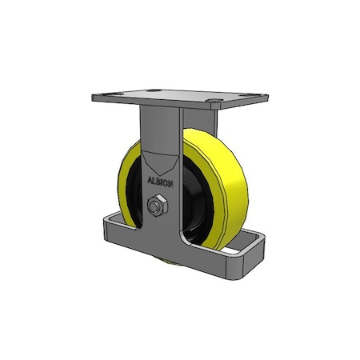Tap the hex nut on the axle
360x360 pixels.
pyautogui.click(x=157, y=206)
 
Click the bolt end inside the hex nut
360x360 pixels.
pyautogui.click(x=157, y=206)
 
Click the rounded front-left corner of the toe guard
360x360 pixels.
pyautogui.click(x=106, y=236)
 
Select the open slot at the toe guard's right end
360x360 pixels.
pyautogui.click(x=239, y=252)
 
